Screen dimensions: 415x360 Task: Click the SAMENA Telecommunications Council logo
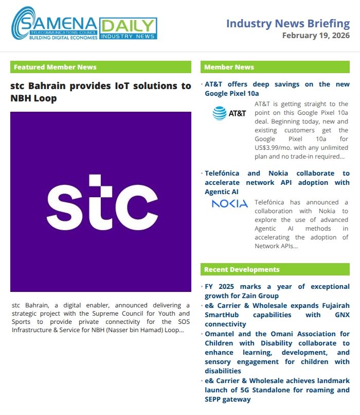(55, 24)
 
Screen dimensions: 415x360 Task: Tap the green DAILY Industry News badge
(128, 28)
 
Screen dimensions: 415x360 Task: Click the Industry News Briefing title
(287, 23)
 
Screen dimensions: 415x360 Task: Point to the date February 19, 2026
(316, 36)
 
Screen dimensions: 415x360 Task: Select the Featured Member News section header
(101, 67)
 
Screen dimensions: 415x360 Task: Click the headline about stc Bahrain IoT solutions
(101, 92)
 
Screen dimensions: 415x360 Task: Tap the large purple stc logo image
(101, 202)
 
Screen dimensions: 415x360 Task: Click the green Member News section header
(275, 67)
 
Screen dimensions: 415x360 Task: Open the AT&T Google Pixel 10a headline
(277, 89)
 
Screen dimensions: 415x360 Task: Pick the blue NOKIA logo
(229, 204)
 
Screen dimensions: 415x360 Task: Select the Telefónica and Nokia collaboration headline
(277, 182)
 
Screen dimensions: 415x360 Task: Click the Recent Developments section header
(275, 269)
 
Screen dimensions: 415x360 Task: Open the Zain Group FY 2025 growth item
(277, 291)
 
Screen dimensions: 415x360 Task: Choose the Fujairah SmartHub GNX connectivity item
(277, 315)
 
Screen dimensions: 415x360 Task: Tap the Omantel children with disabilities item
(277, 353)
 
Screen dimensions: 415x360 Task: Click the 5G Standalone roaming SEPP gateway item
(277, 390)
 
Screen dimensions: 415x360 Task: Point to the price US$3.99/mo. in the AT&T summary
(279, 147)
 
